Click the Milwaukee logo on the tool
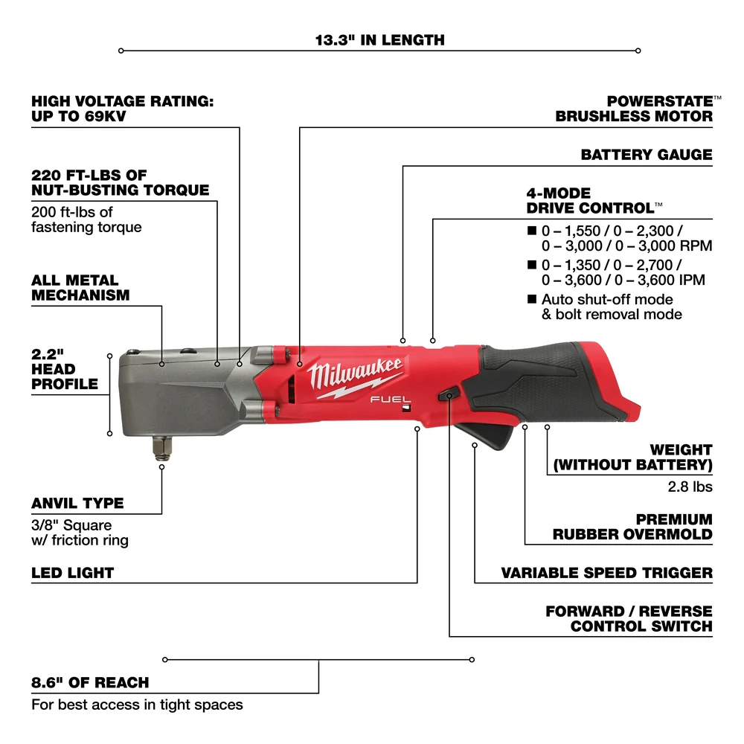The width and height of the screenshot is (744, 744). (356, 376)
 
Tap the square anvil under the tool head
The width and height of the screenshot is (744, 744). (161, 449)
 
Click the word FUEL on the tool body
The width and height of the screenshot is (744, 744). (385, 400)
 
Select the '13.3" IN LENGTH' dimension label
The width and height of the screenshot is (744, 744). (379, 39)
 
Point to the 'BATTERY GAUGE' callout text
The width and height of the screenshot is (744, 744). (646, 155)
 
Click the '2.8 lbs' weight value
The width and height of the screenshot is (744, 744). (690, 487)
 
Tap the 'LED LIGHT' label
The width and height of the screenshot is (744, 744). (72, 573)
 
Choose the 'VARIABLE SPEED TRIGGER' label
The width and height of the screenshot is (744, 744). (606, 573)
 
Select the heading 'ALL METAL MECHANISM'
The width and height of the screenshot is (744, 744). (80, 288)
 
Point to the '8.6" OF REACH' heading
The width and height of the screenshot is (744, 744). (90, 682)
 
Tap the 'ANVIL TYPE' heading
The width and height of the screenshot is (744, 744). (77, 503)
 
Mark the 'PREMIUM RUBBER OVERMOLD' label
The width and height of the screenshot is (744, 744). (632, 527)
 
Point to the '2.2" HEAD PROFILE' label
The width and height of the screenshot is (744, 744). (65, 369)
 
